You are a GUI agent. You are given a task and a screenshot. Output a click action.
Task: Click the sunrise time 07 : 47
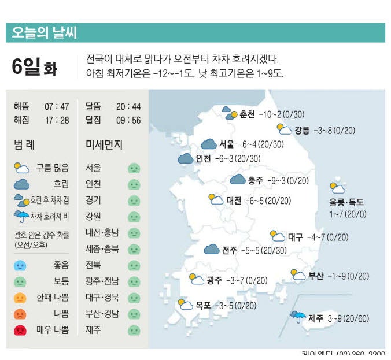tap(57, 106)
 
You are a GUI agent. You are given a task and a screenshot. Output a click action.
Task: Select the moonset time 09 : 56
tap(128, 120)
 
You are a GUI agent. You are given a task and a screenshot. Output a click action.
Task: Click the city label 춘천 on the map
tap(247, 114)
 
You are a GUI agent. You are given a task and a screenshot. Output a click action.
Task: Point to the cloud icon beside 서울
tap(209, 144)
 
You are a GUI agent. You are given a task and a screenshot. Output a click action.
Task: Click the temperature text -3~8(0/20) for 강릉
tap(338, 130)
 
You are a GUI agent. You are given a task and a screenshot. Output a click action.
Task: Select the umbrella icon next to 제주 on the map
tap(298, 317)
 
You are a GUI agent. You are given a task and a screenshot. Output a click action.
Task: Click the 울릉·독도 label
tap(346, 202)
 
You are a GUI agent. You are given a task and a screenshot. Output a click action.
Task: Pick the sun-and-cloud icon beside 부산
tap(298, 275)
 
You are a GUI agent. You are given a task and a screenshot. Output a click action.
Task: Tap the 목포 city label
tap(202, 305)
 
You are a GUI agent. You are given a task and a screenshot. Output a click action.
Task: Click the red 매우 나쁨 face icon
tap(20, 331)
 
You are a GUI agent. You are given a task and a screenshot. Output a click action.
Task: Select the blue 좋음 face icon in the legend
tap(20, 266)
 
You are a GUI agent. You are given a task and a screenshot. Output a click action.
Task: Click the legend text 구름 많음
tap(52, 168)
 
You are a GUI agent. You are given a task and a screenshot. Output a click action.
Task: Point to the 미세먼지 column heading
tap(104, 144)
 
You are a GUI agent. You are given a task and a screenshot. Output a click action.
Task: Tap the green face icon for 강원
tap(134, 217)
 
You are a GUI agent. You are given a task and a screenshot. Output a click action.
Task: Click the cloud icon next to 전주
tap(212, 250)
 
